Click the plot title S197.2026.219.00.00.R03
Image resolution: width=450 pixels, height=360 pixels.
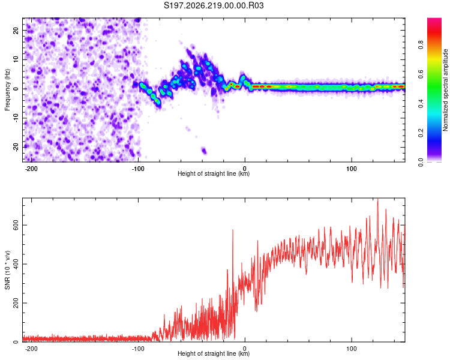point(214,5)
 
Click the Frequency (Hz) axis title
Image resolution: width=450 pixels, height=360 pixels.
point(7,90)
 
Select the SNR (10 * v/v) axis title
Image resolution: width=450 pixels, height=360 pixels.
point(7,270)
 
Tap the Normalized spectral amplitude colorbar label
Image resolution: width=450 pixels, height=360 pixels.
point(445,90)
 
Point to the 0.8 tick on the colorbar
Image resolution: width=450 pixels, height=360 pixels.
point(421,45)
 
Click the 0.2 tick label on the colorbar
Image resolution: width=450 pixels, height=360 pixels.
point(421,133)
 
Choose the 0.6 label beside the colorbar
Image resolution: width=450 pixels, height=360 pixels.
point(421,74)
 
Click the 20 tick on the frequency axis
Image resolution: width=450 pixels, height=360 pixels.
point(16,30)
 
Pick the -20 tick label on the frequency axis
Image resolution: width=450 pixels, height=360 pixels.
point(16,147)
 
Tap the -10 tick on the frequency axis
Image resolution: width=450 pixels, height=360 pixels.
point(16,118)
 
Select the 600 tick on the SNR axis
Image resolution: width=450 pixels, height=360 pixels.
point(16,225)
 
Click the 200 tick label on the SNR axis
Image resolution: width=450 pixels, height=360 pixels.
point(16,303)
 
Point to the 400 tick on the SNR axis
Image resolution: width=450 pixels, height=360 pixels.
point(16,264)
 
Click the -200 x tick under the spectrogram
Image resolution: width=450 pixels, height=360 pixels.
point(31,169)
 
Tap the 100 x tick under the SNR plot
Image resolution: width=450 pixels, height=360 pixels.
point(352,349)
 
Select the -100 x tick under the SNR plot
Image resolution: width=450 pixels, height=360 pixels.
point(138,349)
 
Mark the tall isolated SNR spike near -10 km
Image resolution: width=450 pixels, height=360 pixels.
point(233,230)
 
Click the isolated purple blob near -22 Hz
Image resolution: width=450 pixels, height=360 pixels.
point(204,151)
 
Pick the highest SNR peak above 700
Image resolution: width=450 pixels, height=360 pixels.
point(377,200)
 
